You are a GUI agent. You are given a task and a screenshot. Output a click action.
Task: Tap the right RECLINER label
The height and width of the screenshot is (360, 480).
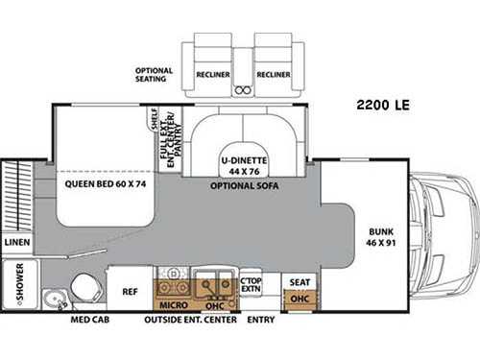pyautogui.click(x=274, y=72)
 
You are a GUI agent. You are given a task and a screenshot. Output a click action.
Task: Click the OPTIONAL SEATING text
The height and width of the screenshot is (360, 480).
pyautogui.click(x=154, y=75)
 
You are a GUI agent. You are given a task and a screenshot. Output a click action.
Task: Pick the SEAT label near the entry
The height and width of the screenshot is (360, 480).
pyautogui.click(x=299, y=281)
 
